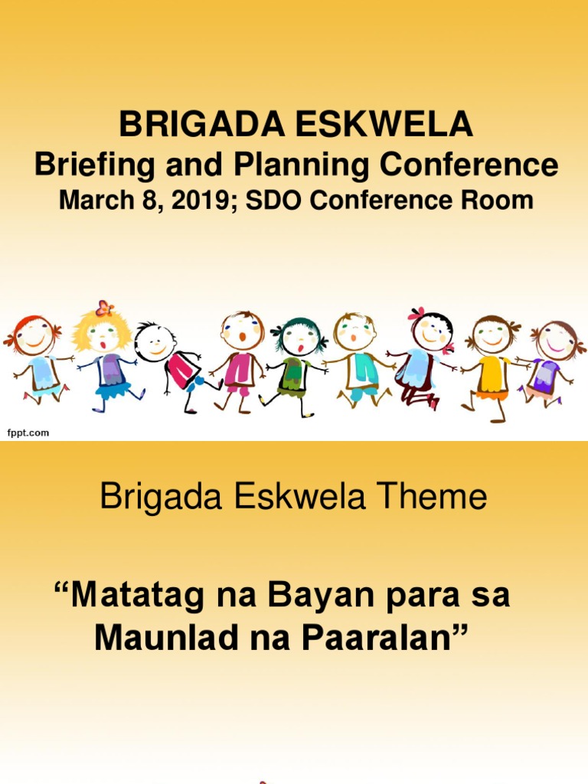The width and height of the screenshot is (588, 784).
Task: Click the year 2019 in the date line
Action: point(202,201)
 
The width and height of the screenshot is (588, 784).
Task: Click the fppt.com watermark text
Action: point(28,433)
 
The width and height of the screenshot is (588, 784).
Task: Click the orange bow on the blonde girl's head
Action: point(105,309)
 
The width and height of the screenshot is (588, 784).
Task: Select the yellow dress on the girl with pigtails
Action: point(492,375)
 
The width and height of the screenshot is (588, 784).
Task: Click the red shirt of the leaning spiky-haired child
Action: point(181,371)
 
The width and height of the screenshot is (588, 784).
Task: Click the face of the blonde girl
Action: point(103,335)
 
